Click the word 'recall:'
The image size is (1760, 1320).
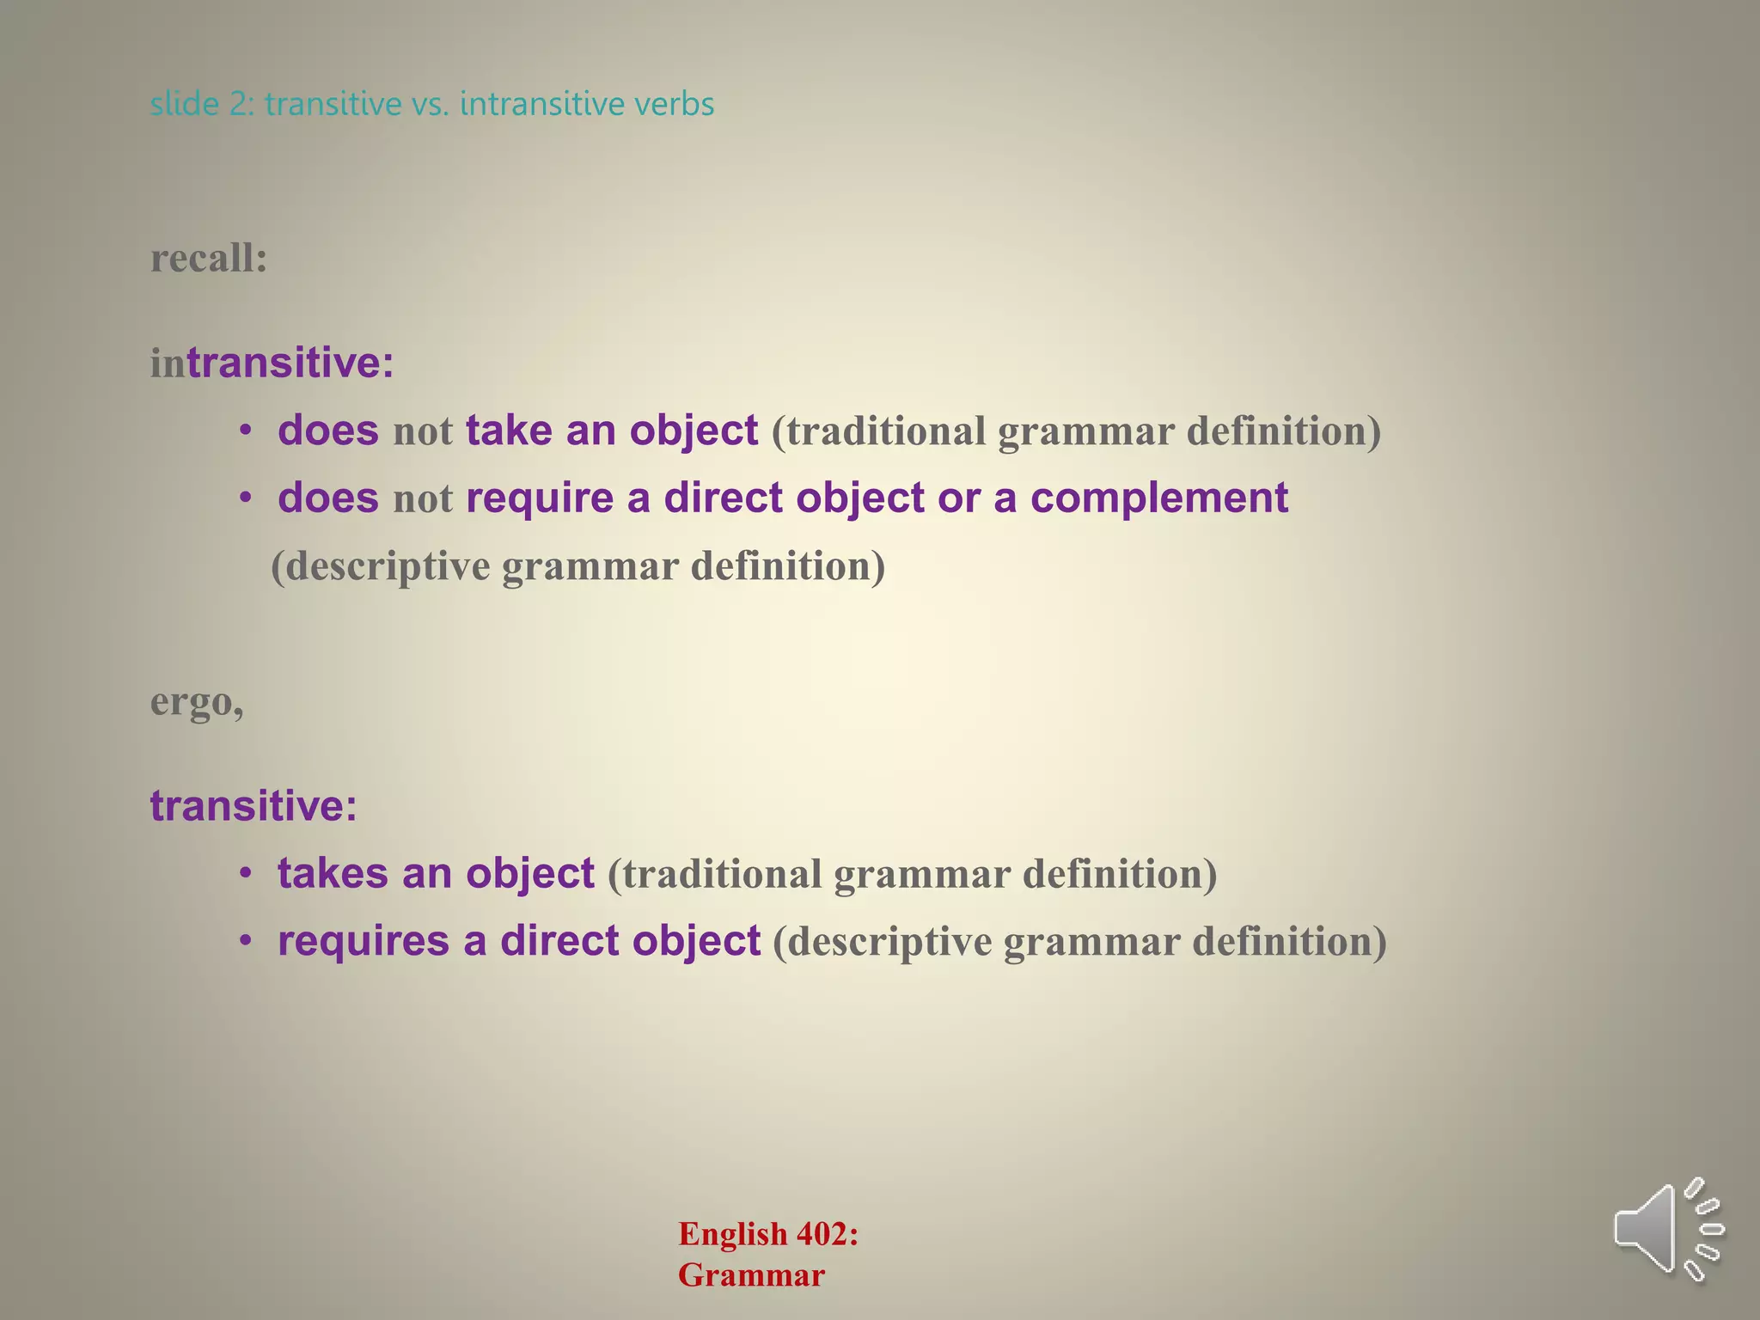click(209, 258)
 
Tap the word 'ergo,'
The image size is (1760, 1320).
click(197, 702)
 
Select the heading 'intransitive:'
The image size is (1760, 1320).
click(272, 362)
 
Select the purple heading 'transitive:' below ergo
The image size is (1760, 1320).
click(253, 805)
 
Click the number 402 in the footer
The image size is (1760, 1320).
click(827, 1234)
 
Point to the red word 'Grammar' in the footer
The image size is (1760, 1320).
click(751, 1275)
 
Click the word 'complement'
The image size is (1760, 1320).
click(1159, 498)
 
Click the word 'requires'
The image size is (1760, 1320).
click(363, 941)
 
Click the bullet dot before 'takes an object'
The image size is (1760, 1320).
click(246, 874)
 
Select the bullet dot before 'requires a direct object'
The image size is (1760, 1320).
click(246, 942)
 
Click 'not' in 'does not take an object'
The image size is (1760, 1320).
click(422, 431)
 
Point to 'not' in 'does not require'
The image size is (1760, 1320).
click(422, 499)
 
